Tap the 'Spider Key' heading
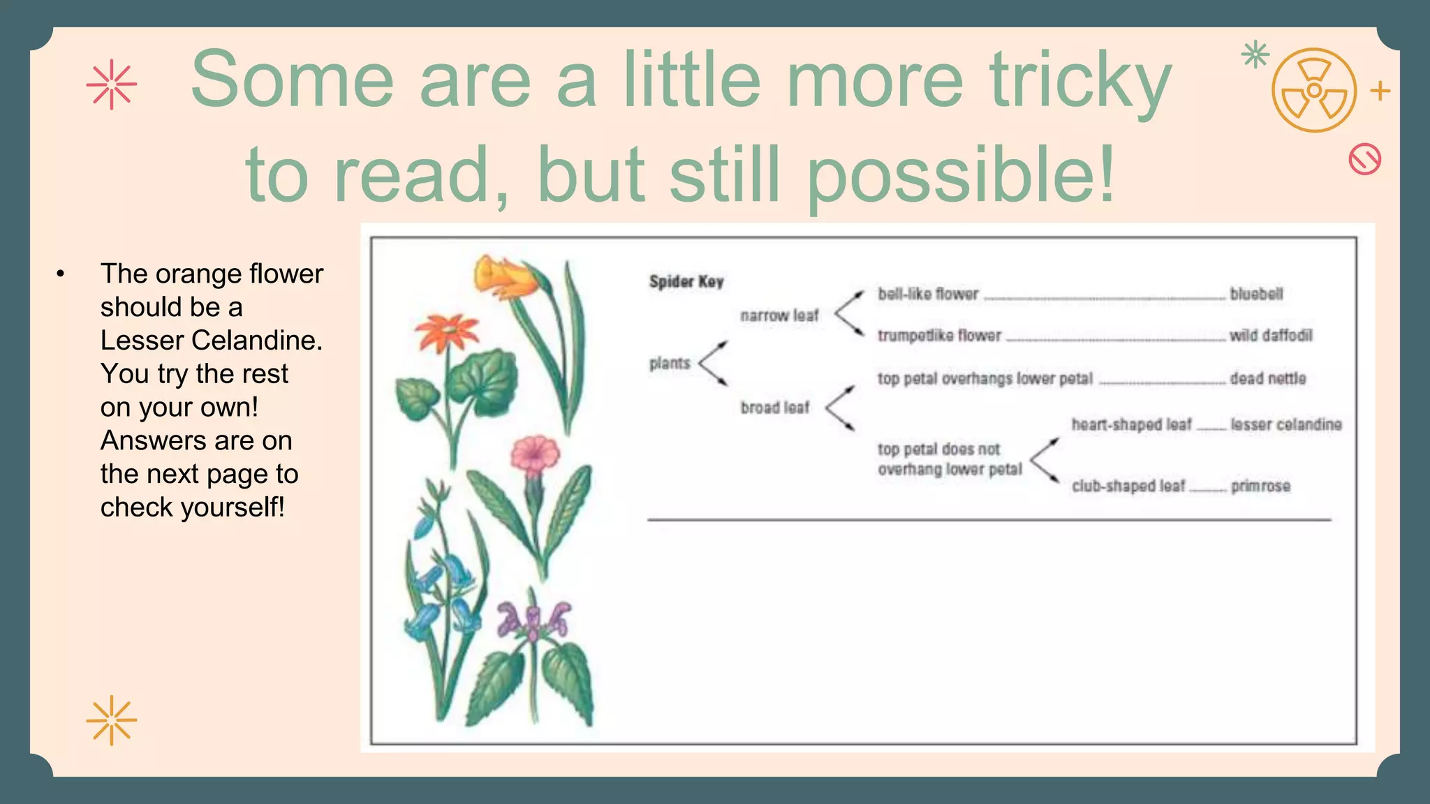[686, 282]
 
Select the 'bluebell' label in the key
[1256, 295]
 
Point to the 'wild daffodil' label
[1271, 336]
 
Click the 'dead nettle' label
[1267, 379]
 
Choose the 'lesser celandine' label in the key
[1285, 425]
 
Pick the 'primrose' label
[1260, 486]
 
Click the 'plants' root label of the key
[669, 364]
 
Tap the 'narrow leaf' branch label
[779, 316]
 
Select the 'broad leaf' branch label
[774, 408]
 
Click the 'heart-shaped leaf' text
[1131, 425]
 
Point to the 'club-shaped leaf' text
[1128, 486]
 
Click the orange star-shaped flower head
[445, 332]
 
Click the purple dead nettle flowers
[532, 620]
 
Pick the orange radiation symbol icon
[1313, 91]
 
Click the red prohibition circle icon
[1364, 159]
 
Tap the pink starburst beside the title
[112, 85]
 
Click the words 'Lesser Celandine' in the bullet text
[211, 341]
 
